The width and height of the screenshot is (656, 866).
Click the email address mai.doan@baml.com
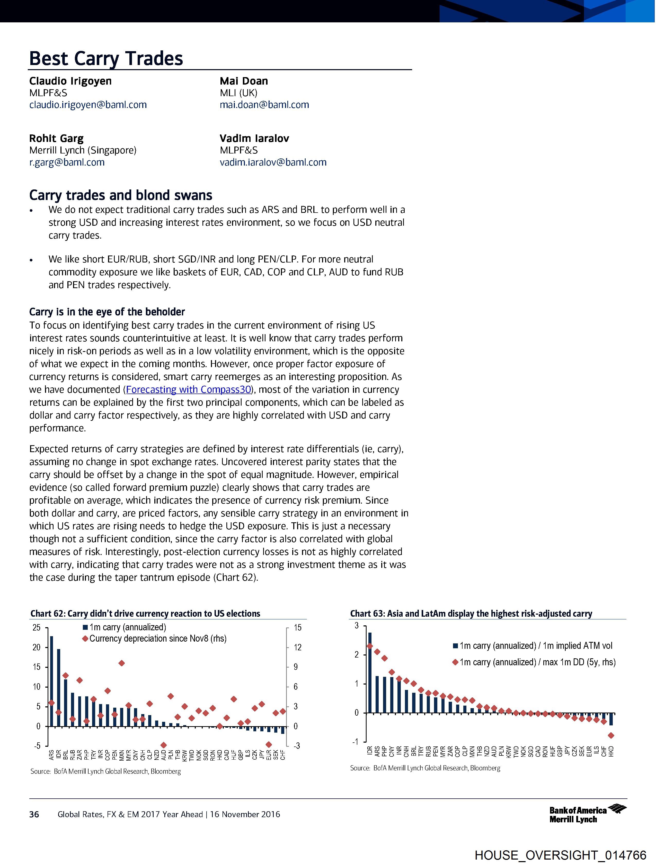[x=264, y=105]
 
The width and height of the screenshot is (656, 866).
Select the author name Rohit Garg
[x=56, y=138]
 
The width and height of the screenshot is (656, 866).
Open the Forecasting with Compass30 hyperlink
[x=188, y=389]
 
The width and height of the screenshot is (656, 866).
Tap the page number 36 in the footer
[x=34, y=814]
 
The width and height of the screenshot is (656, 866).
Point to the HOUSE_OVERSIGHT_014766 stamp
[x=560, y=855]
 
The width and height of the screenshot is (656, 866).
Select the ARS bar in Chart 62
[x=52, y=681]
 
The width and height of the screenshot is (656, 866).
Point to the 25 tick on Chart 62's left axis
[x=37, y=627]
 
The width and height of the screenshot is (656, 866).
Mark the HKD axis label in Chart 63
[x=611, y=751]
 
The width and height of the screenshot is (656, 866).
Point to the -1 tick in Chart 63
[x=356, y=742]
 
